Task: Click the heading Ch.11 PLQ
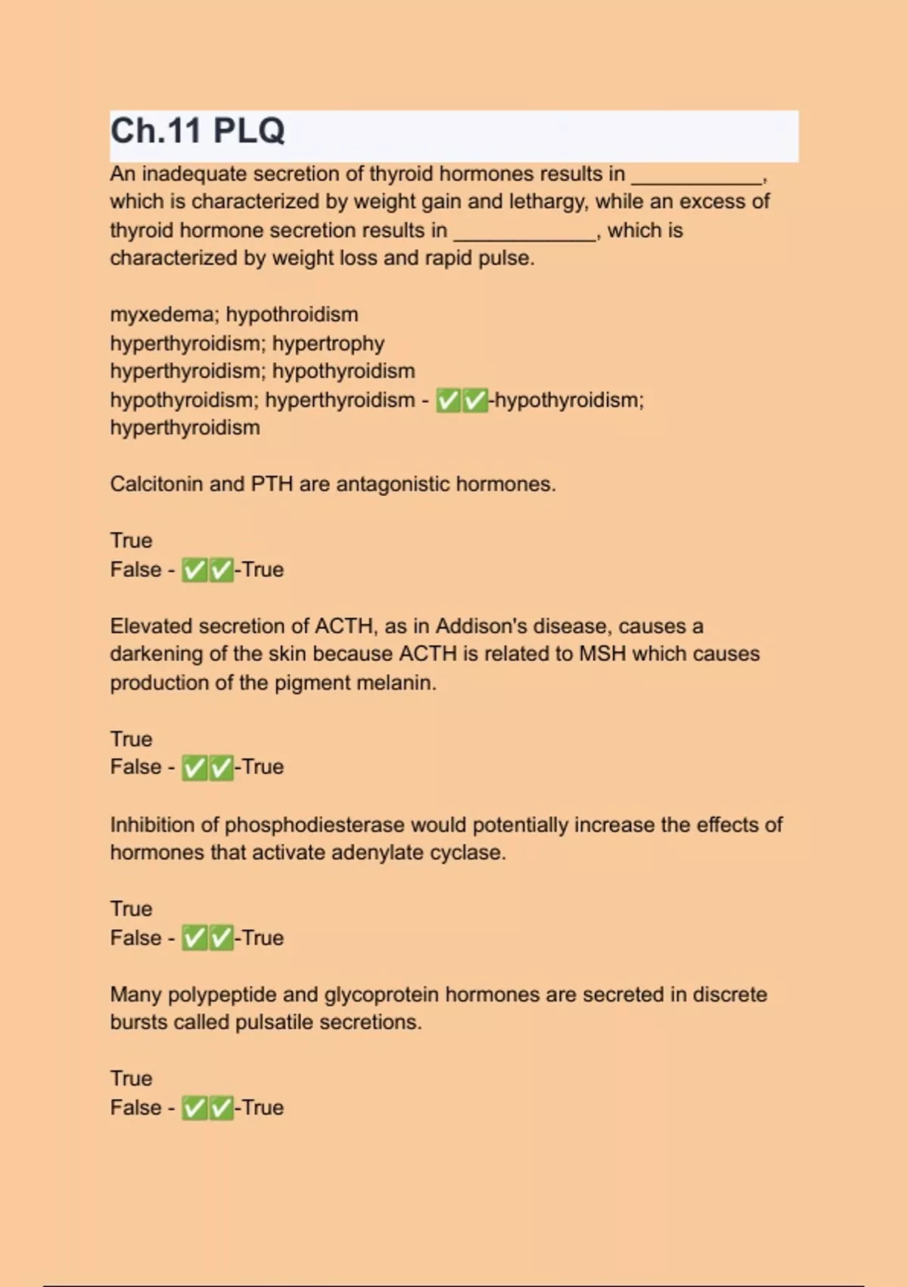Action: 197,131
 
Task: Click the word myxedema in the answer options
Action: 161,314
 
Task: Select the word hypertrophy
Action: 328,344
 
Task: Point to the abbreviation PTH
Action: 272,484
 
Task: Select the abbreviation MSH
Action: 602,653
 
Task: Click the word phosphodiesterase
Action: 314,824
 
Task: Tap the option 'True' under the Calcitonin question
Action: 131,541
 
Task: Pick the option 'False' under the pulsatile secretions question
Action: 135,1108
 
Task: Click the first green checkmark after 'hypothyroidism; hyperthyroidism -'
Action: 449,400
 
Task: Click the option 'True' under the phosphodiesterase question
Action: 131,908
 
